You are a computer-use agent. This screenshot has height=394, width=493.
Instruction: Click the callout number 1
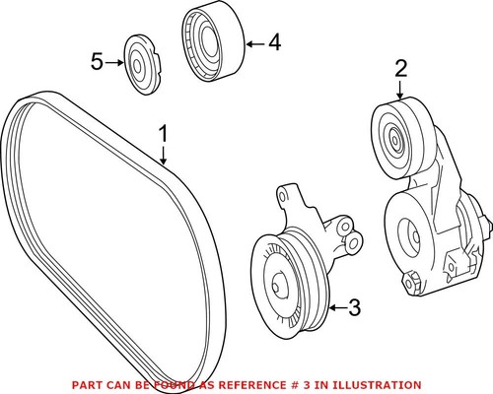pyautogui.click(x=165, y=131)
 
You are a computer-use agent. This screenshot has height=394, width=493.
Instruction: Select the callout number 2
pyautogui.click(x=401, y=68)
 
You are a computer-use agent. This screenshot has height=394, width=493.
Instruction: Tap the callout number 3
pyautogui.click(x=355, y=308)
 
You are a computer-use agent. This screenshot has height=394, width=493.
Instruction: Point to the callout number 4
pyautogui.click(x=275, y=42)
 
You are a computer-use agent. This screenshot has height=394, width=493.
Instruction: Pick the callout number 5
pyautogui.click(x=97, y=62)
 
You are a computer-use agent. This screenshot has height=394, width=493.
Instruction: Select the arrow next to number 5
pyautogui.click(x=114, y=62)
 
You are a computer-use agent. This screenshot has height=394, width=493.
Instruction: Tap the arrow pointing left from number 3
pyautogui.click(x=334, y=308)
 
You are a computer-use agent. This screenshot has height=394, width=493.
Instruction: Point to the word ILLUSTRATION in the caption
pyautogui.click(x=379, y=384)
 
